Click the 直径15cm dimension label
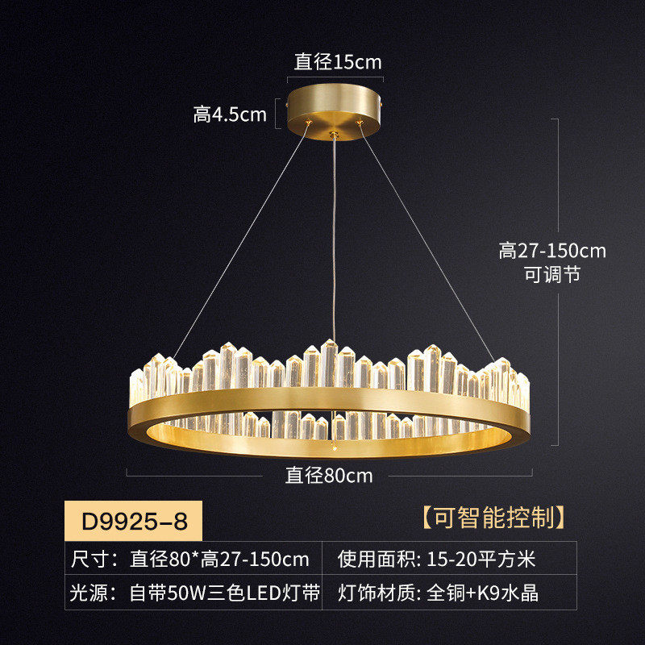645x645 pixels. (337, 61)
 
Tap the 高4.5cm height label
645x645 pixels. (230, 114)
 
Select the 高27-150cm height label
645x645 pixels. (552, 251)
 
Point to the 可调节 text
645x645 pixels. (552, 275)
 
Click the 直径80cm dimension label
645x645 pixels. (329, 476)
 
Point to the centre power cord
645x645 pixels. (334, 242)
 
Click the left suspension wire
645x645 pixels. (242, 242)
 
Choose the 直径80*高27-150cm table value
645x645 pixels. (220, 559)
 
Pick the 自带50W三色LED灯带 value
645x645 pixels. (225, 594)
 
